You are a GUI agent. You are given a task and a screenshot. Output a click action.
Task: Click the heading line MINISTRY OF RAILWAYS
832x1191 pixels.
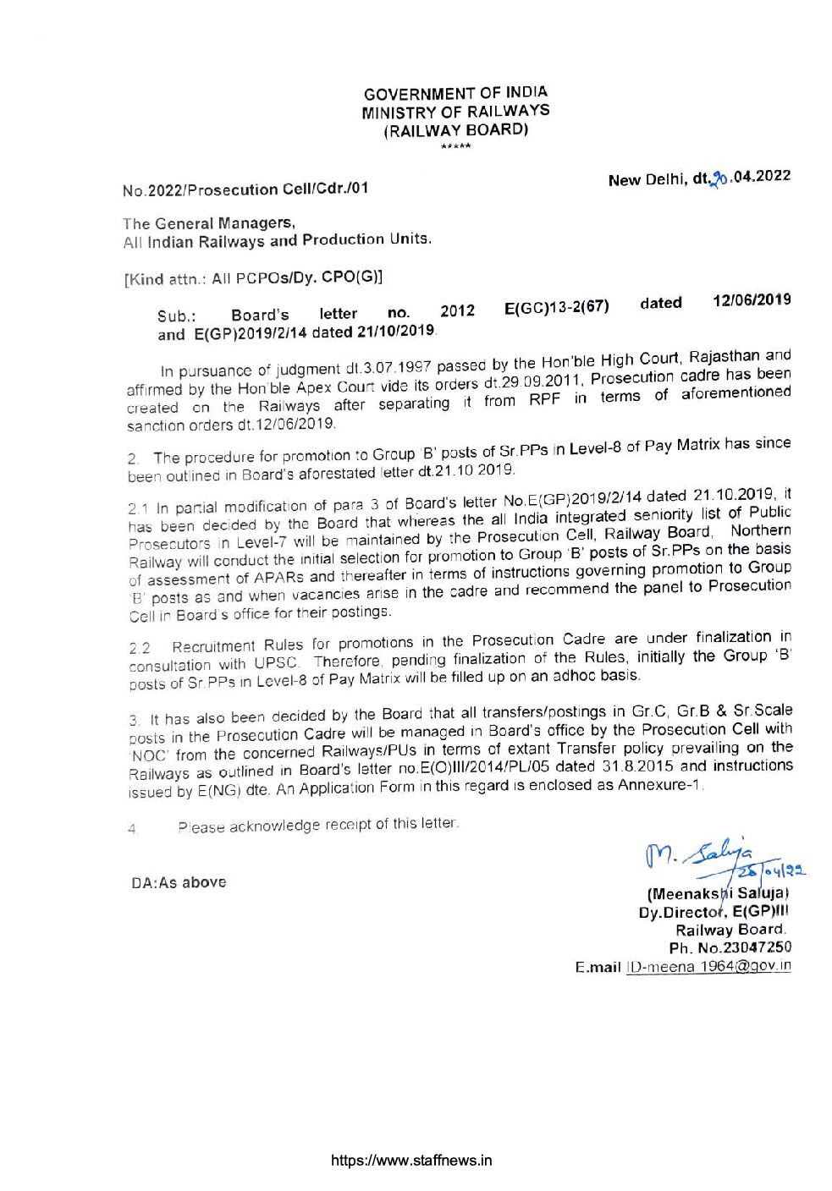click(455, 112)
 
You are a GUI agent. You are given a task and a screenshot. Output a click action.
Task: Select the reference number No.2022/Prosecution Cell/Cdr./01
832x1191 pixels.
click(245, 189)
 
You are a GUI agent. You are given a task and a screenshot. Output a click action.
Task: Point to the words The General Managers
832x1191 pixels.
click(209, 223)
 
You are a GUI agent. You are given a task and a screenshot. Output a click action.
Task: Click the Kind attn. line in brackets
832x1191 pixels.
click(253, 277)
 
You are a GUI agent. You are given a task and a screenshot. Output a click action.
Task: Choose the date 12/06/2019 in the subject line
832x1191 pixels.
click(752, 300)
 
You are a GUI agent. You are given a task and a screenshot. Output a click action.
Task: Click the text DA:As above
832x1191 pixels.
click(179, 882)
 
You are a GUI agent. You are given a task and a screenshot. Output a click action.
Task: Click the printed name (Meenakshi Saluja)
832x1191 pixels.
click(718, 893)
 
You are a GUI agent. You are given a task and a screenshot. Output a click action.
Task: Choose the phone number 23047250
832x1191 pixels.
click(755, 947)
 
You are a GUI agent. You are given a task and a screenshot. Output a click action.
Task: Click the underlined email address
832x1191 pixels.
click(708, 966)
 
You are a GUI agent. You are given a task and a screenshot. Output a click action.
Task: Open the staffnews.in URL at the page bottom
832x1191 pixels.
click(410, 1161)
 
